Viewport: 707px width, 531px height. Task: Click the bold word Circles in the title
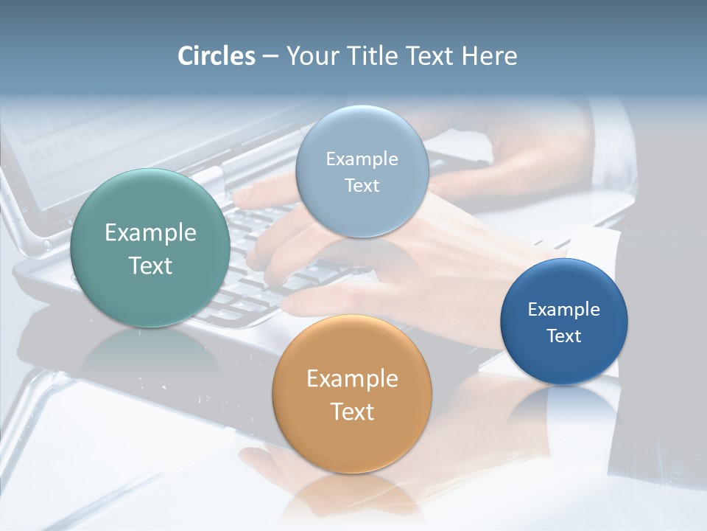point(216,56)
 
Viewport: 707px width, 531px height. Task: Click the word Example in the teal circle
point(150,233)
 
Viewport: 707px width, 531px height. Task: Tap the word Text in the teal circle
point(150,265)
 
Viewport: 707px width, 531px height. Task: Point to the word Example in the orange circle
point(352,379)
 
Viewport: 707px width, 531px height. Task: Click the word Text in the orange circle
point(352,412)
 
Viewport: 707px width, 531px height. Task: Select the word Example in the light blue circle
point(362,159)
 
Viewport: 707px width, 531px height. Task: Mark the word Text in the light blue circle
point(362,185)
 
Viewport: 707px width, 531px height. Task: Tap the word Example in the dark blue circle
point(564,310)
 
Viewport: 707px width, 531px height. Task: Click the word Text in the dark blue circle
point(564,336)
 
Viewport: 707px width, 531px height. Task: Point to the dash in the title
point(270,57)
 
